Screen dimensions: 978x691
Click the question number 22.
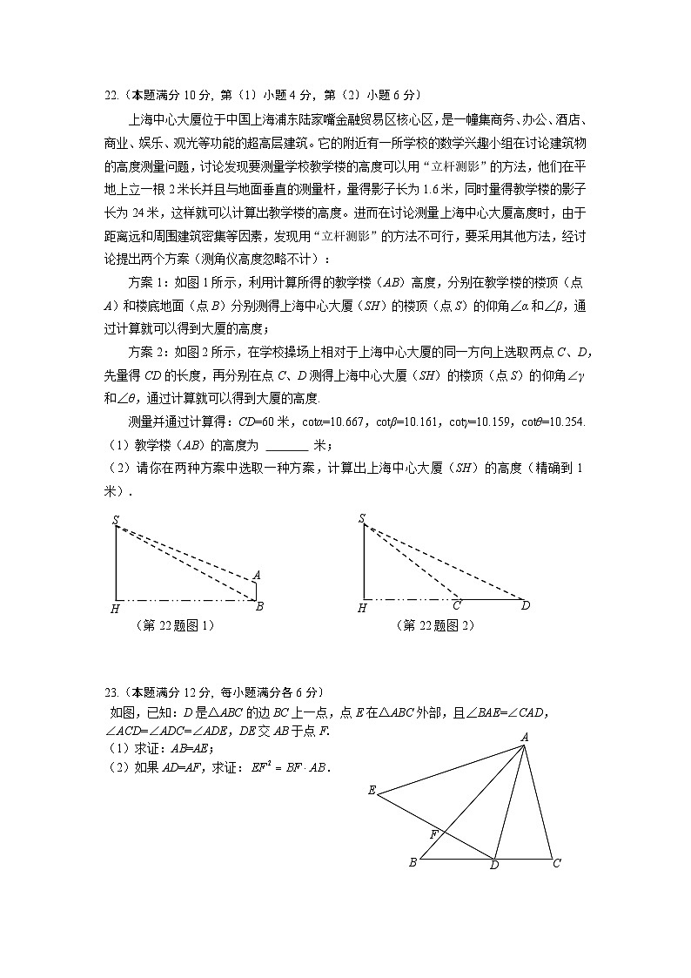tap(111, 96)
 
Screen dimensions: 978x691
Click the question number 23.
tap(111, 693)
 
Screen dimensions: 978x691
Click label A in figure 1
tap(257, 576)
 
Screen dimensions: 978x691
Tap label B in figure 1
tap(259, 607)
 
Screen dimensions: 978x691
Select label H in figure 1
tap(115, 609)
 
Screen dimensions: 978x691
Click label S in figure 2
tap(361, 519)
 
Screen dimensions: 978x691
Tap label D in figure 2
tap(525, 606)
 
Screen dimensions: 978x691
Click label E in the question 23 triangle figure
tap(372, 791)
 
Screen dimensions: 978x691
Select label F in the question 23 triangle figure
tap(433, 833)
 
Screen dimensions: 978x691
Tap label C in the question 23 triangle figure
tap(556, 864)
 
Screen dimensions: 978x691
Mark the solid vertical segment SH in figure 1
tap(116, 563)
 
